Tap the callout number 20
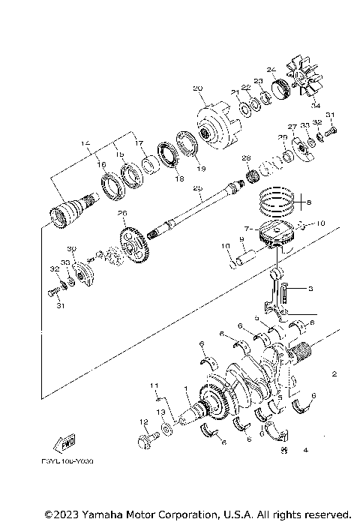(x=198, y=88)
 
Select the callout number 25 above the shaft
(x=197, y=189)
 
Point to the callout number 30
(x=72, y=249)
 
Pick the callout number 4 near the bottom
(x=305, y=451)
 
